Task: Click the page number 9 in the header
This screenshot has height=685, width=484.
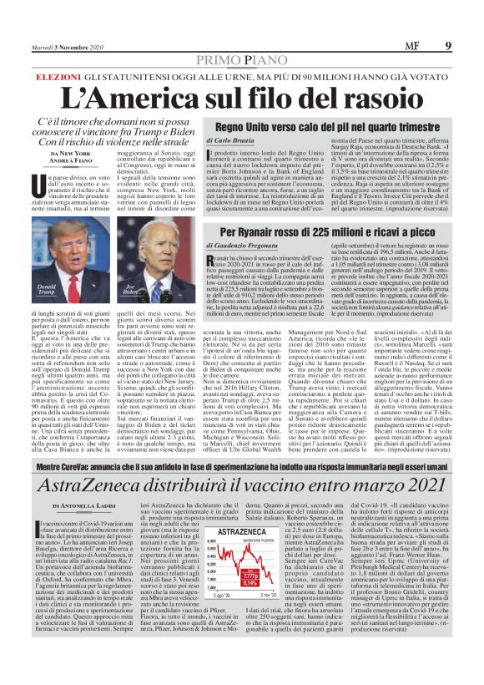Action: [x=449, y=46]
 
